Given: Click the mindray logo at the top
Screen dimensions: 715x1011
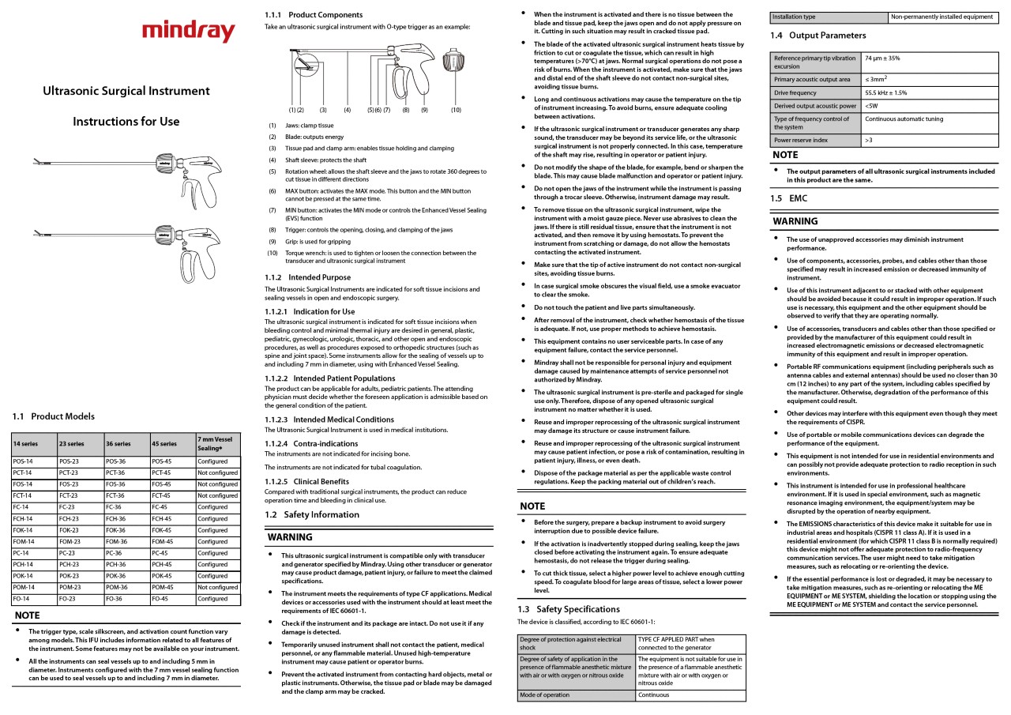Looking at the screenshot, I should pos(189,32).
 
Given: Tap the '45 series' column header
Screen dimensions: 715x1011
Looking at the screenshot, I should pos(164,444).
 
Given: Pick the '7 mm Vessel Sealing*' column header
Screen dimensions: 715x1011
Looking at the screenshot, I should pos(215,443).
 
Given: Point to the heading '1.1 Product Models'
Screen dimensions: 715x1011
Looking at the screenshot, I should pos(53,416).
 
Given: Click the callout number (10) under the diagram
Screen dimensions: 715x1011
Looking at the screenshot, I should pos(456,110).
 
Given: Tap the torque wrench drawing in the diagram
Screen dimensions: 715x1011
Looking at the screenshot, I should pos(453,63).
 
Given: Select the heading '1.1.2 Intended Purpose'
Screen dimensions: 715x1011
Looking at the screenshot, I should pos(307,277).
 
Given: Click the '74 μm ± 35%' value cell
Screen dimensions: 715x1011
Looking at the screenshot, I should pos(882,58).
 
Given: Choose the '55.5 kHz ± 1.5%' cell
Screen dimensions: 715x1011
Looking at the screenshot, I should pos(886,92).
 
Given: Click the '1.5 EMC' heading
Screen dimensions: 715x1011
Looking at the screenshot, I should pos(788,198).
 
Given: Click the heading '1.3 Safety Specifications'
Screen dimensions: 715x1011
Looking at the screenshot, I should pos(569,609).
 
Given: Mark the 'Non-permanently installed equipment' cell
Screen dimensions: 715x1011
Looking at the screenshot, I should pos(941,17).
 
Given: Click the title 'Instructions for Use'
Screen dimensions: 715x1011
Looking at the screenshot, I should pos(126,122).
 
